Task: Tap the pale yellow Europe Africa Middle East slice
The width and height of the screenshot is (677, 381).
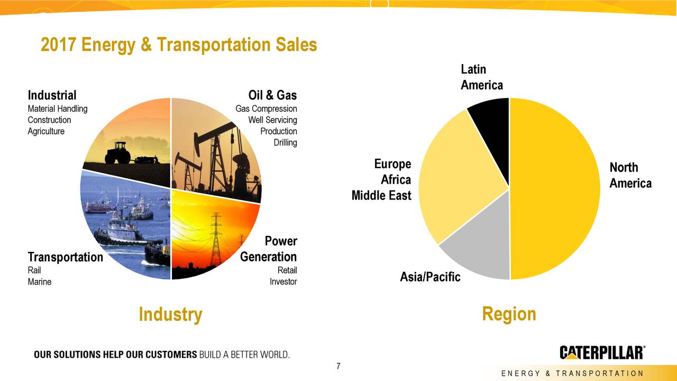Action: [456, 178]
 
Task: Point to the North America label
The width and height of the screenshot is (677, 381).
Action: [630, 175]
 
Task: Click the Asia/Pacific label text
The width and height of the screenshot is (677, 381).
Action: [430, 277]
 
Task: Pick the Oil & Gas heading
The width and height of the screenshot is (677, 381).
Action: [272, 95]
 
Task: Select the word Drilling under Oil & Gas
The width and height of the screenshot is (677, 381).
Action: [285, 142]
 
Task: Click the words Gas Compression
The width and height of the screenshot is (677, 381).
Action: [266, 108]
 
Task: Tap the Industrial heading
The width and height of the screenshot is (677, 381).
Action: [52, 95]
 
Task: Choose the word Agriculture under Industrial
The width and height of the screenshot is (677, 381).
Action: [46, 131]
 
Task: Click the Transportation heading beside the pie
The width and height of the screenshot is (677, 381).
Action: [65, 257]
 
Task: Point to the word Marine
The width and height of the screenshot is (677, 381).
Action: [40, 282]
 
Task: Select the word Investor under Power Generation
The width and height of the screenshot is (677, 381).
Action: [283, 282]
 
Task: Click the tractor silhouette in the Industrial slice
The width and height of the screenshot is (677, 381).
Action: [118, 153]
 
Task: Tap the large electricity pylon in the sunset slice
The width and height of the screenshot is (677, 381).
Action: [216, 239]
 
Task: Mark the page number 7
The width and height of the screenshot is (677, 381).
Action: [338, 366]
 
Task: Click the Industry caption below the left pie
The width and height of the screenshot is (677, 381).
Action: [170, 314]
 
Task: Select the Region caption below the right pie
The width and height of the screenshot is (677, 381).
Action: [509, 314]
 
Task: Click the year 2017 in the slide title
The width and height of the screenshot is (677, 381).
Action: [58, 44]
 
